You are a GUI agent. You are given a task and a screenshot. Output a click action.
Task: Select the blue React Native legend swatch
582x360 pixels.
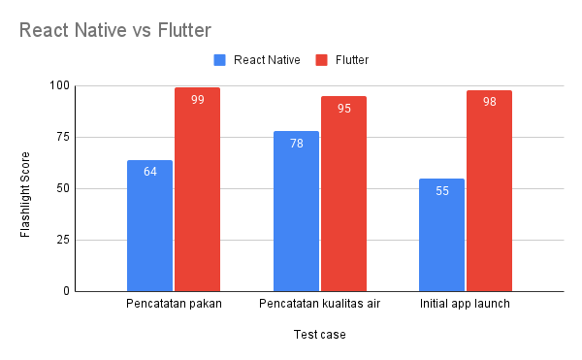click(x=219, y=60)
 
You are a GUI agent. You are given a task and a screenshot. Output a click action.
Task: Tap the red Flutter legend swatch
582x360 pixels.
click(x=321, y=60)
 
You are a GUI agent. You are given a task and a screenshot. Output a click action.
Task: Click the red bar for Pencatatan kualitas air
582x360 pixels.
click(x=343, y=193)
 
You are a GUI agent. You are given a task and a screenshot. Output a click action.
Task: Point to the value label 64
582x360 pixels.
click(x=149, y=173)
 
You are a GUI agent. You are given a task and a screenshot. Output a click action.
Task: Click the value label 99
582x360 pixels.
click(x=197, y=100)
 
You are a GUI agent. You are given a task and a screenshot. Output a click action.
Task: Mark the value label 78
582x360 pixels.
click(x=296, y=144)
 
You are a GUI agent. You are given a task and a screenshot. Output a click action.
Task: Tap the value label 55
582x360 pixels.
click(x=441, y=191)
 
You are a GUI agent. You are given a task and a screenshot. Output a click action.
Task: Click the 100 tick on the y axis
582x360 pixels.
click(x=60, y=86)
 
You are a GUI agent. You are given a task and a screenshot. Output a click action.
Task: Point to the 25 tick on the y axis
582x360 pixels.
click(x=63, y=240)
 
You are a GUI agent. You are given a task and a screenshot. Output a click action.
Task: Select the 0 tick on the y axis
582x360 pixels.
click(x=66, y=291)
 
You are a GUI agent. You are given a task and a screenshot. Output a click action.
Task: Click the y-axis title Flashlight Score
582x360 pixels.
click(x=26, y=188)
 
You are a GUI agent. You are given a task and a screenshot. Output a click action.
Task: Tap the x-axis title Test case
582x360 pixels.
click(x=319, y=336)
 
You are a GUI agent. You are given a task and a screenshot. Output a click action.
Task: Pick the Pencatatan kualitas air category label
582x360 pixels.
click(x=319, y=305)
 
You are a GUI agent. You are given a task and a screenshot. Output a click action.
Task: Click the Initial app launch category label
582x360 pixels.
click(x=465, y=305)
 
